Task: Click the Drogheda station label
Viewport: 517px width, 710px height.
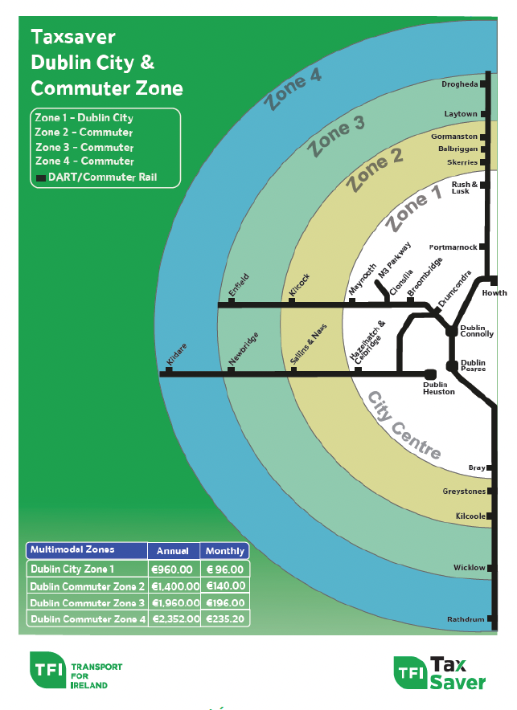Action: (459, 84)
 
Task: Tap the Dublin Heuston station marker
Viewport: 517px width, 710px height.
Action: (429, 374)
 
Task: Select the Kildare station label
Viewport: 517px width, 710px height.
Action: (176, 354)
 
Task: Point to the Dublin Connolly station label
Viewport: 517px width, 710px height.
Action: (477, 331)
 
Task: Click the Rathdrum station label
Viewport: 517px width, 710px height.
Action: (466, 619)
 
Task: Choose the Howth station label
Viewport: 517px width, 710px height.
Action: (494, 293)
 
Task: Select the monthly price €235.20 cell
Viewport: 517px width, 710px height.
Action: (225, 619)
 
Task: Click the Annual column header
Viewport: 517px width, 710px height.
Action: (173, 551)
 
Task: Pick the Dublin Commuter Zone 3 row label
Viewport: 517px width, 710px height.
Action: (87, 602)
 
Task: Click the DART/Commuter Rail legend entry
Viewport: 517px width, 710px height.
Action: (96, 177)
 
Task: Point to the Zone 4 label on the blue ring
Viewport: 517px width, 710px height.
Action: (293, 90)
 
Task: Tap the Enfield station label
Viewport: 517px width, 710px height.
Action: (239, 285)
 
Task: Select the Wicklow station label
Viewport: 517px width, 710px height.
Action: (469, 567)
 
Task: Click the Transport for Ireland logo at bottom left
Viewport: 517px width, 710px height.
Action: (76, 671)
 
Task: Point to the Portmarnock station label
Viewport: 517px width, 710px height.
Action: (453, 247)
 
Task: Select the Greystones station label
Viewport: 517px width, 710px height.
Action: (464, 492)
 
